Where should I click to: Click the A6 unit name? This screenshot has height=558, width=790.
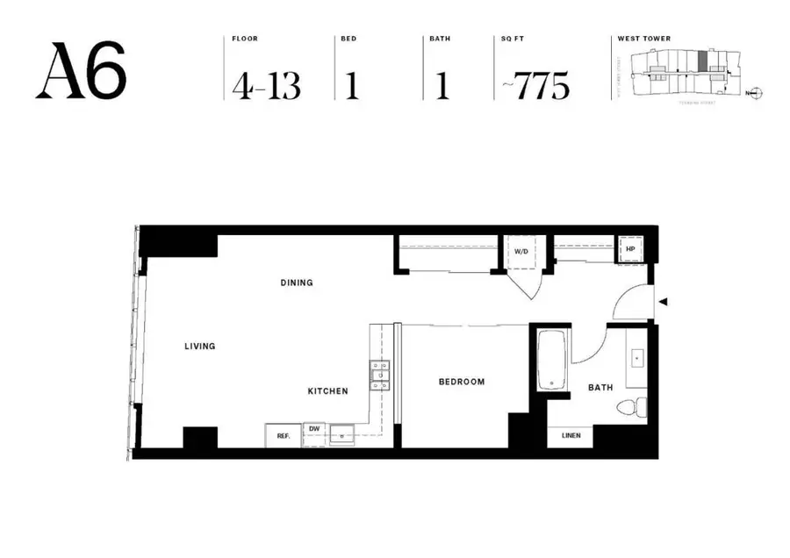pyautogui.click(x=81, y=70)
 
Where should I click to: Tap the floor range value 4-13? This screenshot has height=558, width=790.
pyautogui.click(x=266, y=86)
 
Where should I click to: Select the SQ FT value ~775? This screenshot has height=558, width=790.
pyautogui.click(x=535, y=86)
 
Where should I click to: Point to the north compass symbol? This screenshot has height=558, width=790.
pyautogui.click(x=757, y=92)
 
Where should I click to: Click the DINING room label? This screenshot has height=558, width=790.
pyautogui.click(x=297, y=283)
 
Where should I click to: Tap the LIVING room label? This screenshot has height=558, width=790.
pyautogui.click(x=200, y=347)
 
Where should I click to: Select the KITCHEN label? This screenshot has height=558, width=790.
pyautogui.click(x=327, y=391)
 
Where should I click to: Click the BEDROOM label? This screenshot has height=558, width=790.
pyautogui.click(x=462, y=382)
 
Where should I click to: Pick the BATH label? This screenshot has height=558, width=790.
pyautogui.click(x=600, y=387)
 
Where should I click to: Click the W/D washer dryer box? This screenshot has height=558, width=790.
pyautogui.click(x=521, y=251)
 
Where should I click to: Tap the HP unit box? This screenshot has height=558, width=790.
pyautogui.click(x=630, y=248)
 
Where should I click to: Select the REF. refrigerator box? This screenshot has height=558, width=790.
pyautogui.click(x=284, y=435)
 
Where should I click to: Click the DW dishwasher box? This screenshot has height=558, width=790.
pyautogui.click(x=314, y=429)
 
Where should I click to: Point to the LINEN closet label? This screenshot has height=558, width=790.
pyautogui.click(x=571, y=435)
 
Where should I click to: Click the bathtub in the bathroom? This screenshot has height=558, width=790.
pyautogui.click(x=551, y=361)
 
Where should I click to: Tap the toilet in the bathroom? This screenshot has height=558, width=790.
pyautogui.click(x=631, y=406)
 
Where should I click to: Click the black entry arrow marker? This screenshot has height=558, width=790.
pyautogui.click(x=664, y=302)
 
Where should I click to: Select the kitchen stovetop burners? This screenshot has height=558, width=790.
pyautogui.click(x=380, y=376)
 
